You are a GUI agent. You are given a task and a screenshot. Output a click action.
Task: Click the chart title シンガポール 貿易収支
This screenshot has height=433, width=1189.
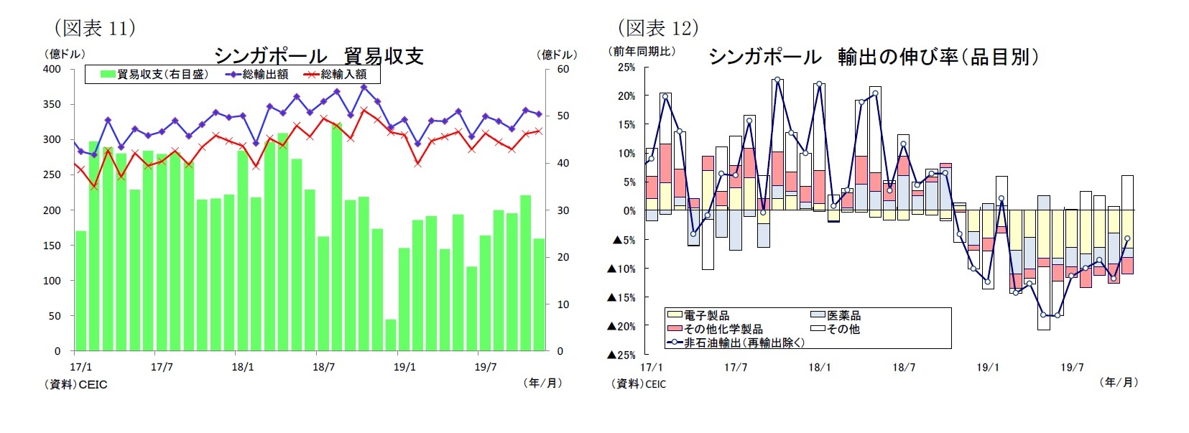pos(318,56)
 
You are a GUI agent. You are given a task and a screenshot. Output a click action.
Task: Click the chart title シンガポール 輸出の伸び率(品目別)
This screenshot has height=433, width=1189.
pos(873,57)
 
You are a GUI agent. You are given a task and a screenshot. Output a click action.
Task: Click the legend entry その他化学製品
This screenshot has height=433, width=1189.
pos(723,329)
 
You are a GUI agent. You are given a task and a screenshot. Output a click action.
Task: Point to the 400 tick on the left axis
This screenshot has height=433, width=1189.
pos(52,69)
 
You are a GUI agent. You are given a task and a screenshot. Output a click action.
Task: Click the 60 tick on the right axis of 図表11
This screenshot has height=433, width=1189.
pos(563,69)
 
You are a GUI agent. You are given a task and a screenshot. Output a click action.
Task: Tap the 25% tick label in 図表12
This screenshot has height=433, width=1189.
pos(626,67)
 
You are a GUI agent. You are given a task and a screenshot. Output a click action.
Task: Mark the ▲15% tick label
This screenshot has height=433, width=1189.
pos(621,297)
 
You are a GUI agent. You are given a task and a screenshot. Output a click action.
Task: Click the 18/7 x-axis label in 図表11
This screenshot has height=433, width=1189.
pos(323,367)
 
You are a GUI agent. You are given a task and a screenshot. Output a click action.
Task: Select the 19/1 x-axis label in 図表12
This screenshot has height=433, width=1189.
pos(987,367)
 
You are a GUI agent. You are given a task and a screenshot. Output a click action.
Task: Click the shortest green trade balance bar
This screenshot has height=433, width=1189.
pos(391,335)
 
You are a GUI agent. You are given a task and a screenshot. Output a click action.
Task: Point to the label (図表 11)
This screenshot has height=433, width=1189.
pos(95,28)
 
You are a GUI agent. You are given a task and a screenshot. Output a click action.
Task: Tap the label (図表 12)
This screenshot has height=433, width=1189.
pos(657,28)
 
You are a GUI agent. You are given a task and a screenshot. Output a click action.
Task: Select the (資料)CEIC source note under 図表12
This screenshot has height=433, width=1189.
pos(638,384)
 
